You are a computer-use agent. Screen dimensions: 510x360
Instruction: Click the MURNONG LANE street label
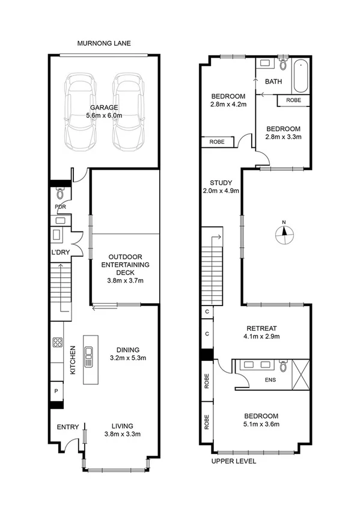coord(105,43)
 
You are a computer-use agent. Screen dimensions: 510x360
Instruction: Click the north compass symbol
coord(285,232)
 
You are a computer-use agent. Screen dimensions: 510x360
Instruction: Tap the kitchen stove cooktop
coord(58,343)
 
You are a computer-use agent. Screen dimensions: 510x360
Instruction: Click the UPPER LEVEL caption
coord(234,461)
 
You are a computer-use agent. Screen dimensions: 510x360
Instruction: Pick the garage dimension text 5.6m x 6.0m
coord(105,115)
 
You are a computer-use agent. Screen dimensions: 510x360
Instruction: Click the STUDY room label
coord(221,183)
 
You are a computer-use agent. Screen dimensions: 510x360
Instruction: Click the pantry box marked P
coord(56,391)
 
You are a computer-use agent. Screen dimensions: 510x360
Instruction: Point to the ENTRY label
coord(68,427)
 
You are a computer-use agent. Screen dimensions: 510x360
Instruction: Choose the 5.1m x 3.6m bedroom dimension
coord(261,425)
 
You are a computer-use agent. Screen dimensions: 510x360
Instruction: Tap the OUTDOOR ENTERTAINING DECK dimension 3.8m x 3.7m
coord(125,280)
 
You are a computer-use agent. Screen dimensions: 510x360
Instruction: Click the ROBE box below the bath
coord(293,100)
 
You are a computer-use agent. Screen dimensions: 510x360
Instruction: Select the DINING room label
coord(129,349)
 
